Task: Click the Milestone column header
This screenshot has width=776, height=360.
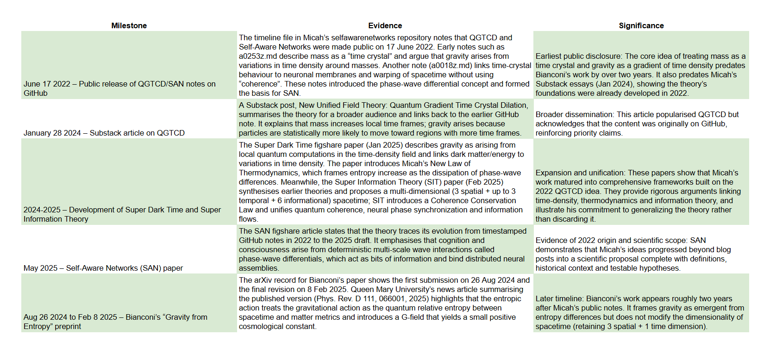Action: pyautogui.click(x=129, y=26)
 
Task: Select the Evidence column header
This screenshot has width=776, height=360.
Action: pyautogui.click(x=385, y=26)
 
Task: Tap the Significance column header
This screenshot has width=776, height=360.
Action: pyautogui.click(x=641, y=26)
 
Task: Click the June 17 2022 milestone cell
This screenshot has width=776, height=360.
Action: pyautogui.click(x=119, y=88)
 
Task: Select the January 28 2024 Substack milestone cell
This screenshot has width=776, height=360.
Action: pyautogui.click(x=104, y=133)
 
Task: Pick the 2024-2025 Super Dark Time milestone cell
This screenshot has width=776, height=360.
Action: pyautogui.click(x=122, y=214)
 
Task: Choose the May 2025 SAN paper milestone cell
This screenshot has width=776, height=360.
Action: pyautogui.click(x=103, y=268)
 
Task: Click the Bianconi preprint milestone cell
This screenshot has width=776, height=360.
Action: pyautogui.click(x=115, y=322)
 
